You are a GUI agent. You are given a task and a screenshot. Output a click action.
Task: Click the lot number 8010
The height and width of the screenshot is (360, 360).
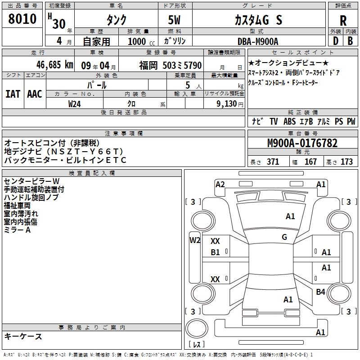22,19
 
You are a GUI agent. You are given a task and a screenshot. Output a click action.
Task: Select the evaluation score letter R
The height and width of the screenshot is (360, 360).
343,21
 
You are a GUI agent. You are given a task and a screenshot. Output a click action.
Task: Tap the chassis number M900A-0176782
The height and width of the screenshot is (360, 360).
302,144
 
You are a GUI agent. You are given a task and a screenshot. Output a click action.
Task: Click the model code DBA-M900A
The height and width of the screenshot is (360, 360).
258,41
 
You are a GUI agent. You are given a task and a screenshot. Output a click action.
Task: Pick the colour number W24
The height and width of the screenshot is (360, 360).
75,103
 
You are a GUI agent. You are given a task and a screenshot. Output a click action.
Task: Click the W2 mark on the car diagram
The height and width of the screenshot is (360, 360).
194,240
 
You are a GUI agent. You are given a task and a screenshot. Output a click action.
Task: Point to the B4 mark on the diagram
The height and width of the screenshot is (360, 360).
320,292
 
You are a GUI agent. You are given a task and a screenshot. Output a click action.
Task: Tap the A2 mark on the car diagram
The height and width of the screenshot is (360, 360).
220,184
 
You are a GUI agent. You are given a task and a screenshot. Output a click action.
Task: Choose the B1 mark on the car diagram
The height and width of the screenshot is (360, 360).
216,252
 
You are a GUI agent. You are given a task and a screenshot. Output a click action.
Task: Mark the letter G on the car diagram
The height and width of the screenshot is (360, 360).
284,237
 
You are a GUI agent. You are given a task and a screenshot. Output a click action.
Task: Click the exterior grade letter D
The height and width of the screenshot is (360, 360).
335,41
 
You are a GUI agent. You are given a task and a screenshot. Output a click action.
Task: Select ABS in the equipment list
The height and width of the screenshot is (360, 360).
290,121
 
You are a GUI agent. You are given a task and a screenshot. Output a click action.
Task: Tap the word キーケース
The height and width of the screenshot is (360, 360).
23,336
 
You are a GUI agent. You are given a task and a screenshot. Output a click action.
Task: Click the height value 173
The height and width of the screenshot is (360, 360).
346,162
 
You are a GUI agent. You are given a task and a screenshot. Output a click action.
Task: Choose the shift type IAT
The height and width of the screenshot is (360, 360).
13,94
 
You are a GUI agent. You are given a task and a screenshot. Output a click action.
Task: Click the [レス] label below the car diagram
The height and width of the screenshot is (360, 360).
197,345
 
